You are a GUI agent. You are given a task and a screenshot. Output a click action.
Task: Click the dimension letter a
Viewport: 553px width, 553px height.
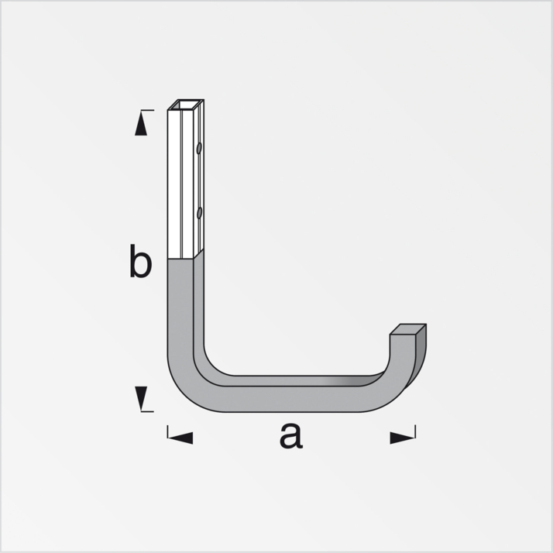(x=290, y=436)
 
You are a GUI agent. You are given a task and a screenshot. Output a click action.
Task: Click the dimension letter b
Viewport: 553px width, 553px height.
(x=140, y=262)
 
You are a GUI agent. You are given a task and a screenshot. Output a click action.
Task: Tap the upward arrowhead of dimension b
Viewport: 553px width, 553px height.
(x=141, y=125)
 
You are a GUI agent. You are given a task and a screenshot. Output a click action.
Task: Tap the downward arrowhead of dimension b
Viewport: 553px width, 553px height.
(x=141, y=398)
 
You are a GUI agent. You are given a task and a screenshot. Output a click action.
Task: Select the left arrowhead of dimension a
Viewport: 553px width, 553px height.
(x=180, y=438)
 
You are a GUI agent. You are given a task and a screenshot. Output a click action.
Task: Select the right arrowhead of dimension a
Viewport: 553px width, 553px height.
(x=401, y=438)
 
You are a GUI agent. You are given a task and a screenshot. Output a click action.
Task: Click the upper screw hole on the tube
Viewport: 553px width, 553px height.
(x=199, y=147)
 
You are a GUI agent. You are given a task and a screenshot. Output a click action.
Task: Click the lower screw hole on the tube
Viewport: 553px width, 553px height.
(x=199, y=211)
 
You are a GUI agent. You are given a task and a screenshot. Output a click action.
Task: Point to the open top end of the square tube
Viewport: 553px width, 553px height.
(x=186, y=105)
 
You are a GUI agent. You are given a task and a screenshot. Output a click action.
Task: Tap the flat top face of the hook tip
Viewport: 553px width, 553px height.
(x=408, y=329)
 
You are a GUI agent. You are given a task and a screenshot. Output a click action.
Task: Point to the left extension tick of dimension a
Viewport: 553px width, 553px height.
(x=167, y=431)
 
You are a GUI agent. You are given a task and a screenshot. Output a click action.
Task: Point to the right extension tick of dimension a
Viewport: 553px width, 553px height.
(x=415, y=431)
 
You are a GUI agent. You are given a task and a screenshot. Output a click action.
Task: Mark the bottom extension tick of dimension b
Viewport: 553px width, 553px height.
(x=146, y=411)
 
